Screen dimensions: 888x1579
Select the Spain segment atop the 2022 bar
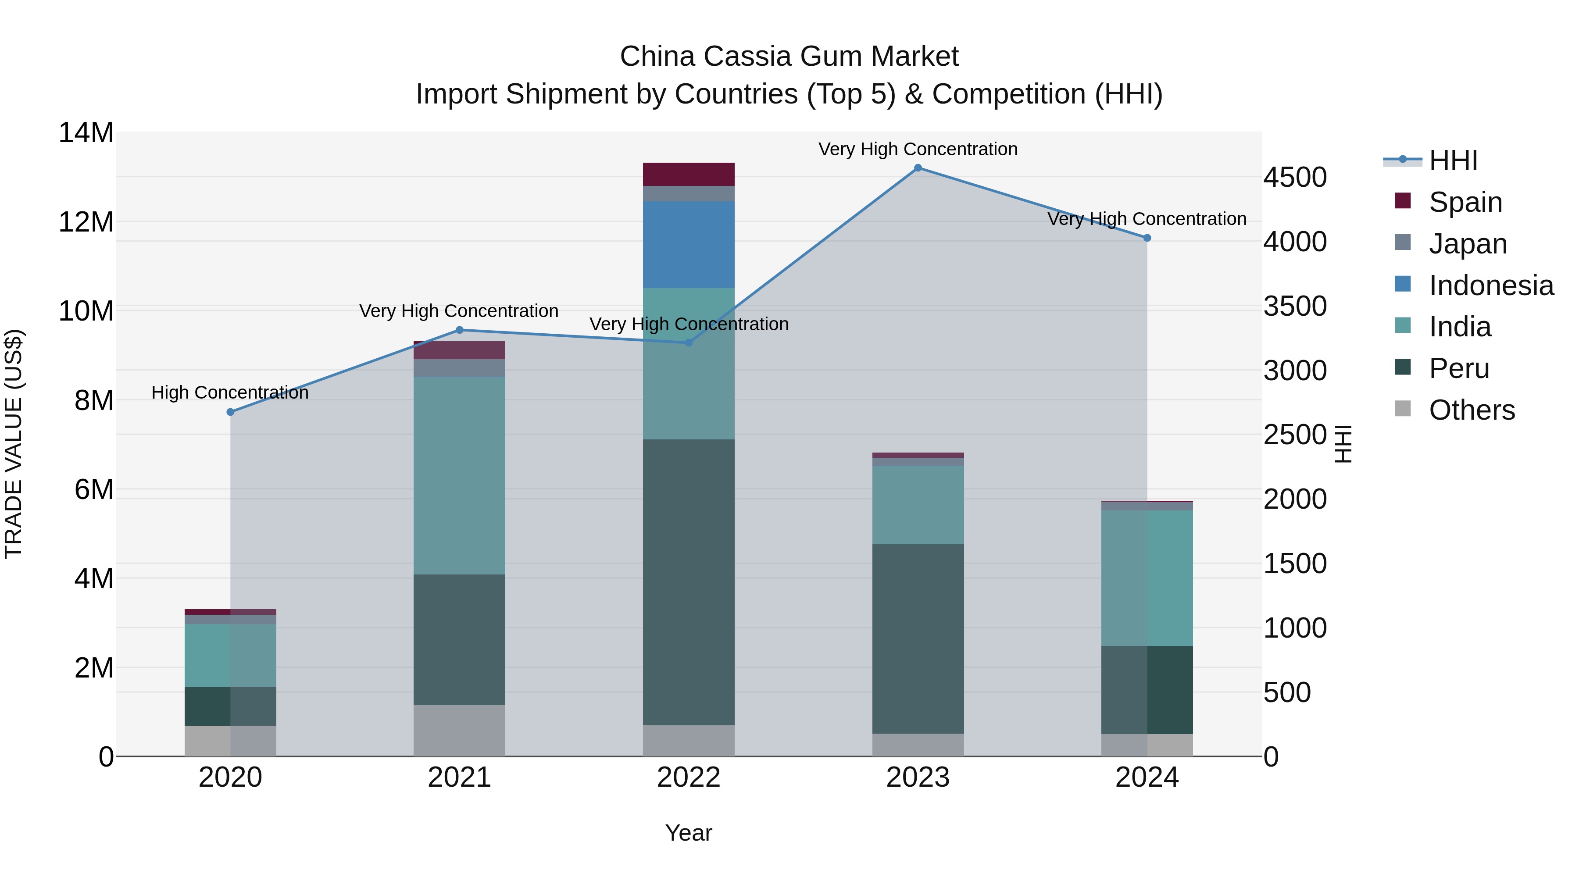coord(688,174)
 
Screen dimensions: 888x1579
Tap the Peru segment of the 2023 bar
coord(918,638)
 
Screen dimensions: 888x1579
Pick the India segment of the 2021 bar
coord(459,475)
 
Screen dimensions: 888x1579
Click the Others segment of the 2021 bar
coord(459,731)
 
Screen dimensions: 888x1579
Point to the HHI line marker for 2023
coord(918,168)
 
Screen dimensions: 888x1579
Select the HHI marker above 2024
coord(1147,238)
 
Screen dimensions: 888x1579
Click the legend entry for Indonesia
coord(1491,285)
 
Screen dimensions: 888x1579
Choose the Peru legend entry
coord(1459,368)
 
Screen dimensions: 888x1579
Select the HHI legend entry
coord(1453,160)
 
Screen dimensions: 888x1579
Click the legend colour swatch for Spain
coord(1403,201)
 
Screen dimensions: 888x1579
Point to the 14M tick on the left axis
coord(86,133)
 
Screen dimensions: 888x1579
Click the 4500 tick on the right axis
coord(1295,178)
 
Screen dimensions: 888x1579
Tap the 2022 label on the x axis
coord(688,777)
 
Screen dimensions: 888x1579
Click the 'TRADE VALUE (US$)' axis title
coord(14,444)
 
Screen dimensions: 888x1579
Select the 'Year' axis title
coord(688,833)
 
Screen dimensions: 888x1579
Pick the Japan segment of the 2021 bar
coord(459,368)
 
